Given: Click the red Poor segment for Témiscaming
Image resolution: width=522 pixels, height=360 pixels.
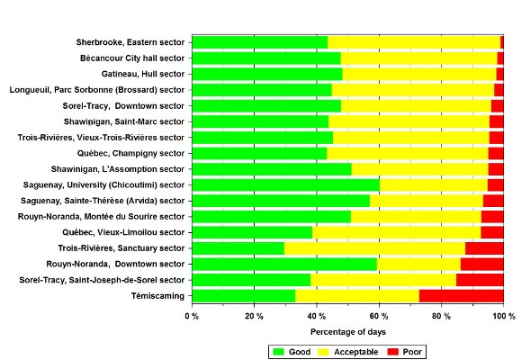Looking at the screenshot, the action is [x=462, y=296].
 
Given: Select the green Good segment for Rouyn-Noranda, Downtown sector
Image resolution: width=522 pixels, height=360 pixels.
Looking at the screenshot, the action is [x=284, y=264].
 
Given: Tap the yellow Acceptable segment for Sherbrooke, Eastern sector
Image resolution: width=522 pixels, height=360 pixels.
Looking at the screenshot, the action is [x=414, y=42].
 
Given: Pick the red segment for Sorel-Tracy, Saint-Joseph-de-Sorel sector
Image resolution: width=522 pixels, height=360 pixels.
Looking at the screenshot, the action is [x=480, y=280].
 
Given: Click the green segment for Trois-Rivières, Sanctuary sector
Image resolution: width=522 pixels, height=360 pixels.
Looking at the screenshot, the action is [x=238, y=248].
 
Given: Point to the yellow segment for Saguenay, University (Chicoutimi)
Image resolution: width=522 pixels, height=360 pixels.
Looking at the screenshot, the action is [x=434, y=184].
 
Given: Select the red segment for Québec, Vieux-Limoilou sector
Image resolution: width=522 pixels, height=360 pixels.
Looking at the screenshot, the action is [x=492, y=232].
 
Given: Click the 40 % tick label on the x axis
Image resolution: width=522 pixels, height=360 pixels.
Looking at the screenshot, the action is [x=316, y=316].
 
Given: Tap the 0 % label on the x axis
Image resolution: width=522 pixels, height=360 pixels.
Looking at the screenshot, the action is [x=192, y=316].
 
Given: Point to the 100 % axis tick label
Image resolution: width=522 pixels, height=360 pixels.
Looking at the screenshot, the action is [x=504, y=316].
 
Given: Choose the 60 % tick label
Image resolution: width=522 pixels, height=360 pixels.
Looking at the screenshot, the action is [x=379, y=316].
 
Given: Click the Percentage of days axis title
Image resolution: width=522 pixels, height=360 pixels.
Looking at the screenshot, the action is [x=348, y=332].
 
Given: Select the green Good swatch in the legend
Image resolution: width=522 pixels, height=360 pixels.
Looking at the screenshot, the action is [x=278, y=352].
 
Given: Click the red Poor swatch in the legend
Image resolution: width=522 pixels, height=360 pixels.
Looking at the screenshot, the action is [x=393, y=352].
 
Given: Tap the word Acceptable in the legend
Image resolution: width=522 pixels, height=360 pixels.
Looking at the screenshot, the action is [x=355, y=352].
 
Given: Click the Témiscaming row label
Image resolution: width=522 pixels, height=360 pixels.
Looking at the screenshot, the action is [x=157, y=296].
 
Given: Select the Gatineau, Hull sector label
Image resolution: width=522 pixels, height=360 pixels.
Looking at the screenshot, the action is [x=143, y=74].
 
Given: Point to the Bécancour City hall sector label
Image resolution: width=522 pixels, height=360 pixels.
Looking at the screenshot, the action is [x=132, y=58].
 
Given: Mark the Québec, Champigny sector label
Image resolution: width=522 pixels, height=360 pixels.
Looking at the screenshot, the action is [x=130, y=154].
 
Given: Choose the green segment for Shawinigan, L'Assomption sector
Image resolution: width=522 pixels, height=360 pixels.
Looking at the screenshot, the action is [x=272, y=169].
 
